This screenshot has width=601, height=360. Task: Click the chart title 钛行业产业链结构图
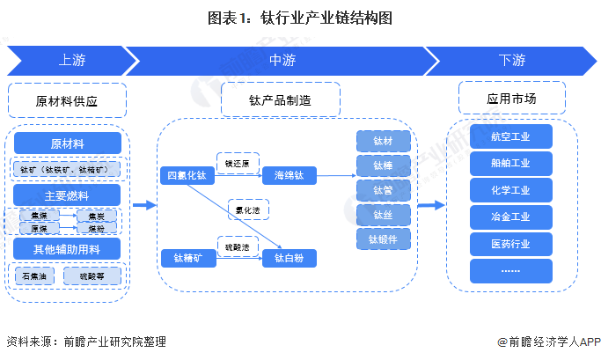coord(300,18)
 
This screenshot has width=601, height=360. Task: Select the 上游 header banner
coord(70,61)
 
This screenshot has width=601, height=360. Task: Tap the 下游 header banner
coord(511,61)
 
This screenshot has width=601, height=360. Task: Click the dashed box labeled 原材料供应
coord(68,100)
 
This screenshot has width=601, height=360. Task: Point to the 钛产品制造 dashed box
coord(279,100)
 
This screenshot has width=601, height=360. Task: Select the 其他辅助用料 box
coord(68,249)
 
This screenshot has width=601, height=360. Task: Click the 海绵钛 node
coord(289,175)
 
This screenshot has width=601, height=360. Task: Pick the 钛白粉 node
coord(289,258)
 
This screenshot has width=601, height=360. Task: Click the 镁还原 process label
coord(238,163)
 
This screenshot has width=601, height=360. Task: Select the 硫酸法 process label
coord(238,247)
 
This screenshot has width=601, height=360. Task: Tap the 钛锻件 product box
coord(384,239)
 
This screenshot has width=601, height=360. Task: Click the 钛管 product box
coord(384,189)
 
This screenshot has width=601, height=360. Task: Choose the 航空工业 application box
coord(510,136)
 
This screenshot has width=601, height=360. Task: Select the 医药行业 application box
coord(510,244)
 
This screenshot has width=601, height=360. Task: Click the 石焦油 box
coord(37,276)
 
